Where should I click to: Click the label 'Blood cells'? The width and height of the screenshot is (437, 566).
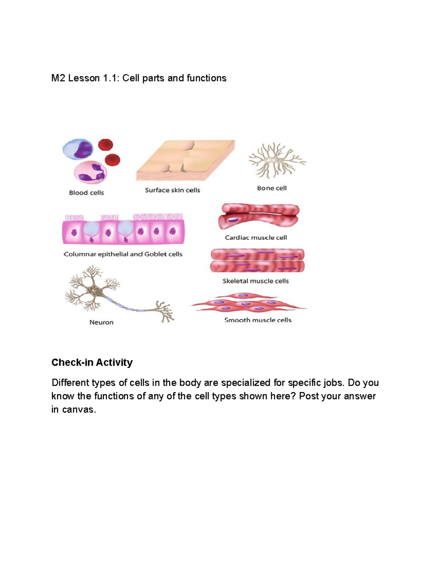(x=86, y=193)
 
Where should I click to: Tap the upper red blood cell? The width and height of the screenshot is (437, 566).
(x=106, y=145)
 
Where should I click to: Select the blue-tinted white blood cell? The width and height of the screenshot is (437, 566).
(x=78, y=149)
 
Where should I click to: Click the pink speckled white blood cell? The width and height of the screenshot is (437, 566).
(x=91, y=172)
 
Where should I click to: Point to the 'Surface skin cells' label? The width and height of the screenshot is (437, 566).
(x=172, y=190)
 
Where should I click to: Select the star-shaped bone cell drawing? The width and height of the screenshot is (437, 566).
(x=276, y=160)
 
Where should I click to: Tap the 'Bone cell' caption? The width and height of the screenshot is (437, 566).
(x=272, y=188)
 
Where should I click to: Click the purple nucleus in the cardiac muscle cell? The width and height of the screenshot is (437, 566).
(x=233, y=220)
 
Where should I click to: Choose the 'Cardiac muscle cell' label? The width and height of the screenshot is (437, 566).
(x=256, y=238)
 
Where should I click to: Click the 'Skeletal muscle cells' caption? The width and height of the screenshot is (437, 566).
(x=256, y=281)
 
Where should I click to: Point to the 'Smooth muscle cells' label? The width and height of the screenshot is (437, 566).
(x=258, y=320)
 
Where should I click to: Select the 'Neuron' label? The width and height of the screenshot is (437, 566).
(x=101, y=322)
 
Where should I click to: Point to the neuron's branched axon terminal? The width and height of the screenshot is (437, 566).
(x=165, y=312)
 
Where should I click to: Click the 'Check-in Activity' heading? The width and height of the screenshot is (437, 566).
(x=92, y=362)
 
